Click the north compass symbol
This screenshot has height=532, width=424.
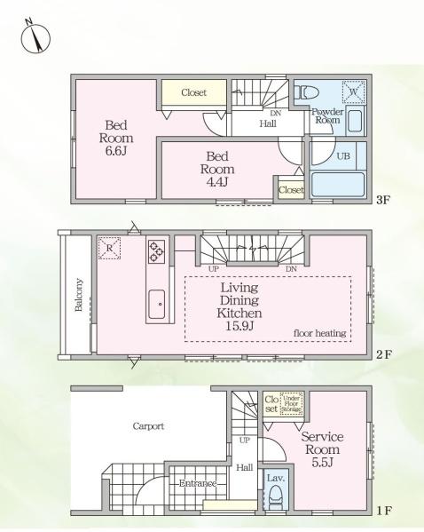click(x=35, y=37)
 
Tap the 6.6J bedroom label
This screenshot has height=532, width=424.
click(x=116, y=138)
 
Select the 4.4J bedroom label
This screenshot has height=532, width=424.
click(x=217, y=169)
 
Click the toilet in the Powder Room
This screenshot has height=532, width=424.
click(x=307, y=92)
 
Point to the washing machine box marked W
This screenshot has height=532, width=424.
click(x=353, y=91)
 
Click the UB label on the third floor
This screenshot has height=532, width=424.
click(x=343, y=156)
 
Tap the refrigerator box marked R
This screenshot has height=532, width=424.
click(x=109, y=248)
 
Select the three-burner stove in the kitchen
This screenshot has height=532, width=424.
click(x=157, y=251)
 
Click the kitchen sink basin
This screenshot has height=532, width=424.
click(x=157, y=304)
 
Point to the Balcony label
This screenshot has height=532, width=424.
click(x=79, y=295)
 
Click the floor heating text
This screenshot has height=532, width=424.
click(x=319, y=333)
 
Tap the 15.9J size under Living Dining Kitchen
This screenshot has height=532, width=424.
click(x=239, y=326)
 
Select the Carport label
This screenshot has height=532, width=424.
click(x=148, y=426)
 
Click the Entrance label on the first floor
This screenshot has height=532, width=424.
click(x=198, y=483)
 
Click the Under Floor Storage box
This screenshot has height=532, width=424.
click(x=292, y=404)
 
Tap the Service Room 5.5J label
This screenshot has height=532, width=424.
click(x=322, y=449)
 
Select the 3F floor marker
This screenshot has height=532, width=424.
click(x=383, y=200)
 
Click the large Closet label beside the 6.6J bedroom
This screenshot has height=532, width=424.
click(x=193, y=92)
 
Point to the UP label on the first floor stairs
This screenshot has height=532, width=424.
click(x=244, y=441)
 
